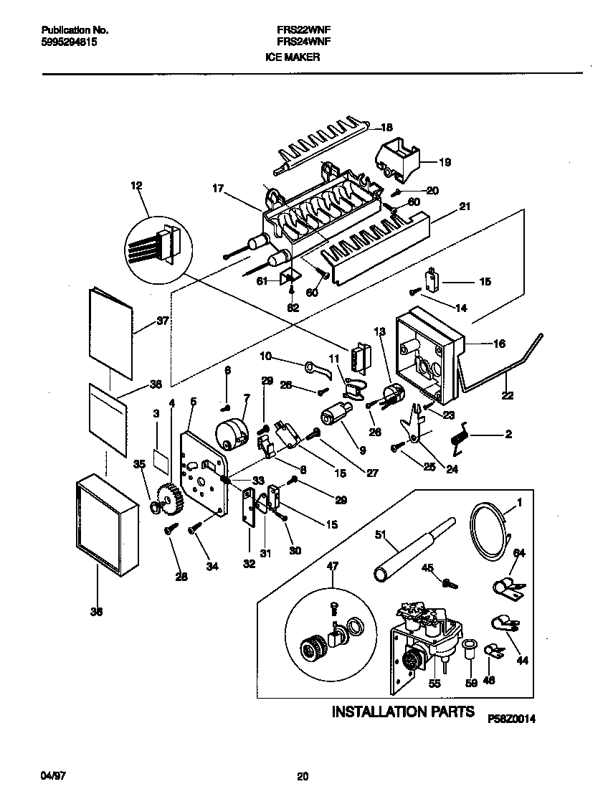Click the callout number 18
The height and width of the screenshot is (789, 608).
[x=386, y=128]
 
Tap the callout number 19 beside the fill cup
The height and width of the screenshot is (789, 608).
[x=445, y=162]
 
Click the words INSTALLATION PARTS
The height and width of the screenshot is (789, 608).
[x=402, y=712]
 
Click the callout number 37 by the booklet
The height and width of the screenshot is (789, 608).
[x=163, y=321]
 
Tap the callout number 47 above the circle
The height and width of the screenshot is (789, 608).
[x=332, y=567]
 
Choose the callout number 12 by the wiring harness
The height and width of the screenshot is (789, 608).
[x=137, y=186]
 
